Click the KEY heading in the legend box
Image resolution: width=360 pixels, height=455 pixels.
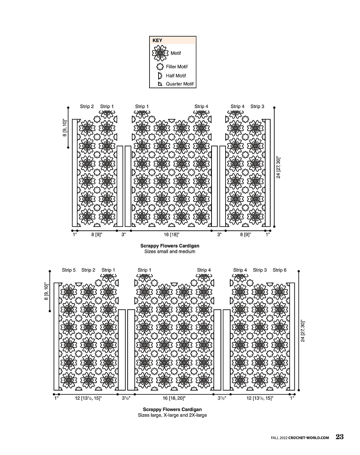coord(157,40)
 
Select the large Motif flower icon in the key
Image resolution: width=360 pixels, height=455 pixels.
coord(160,53)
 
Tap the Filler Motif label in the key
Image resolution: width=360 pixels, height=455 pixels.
coord(177,67)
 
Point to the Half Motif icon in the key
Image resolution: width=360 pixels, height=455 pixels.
coord(160,76)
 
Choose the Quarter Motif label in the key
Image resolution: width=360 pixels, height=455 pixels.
coord(179,84)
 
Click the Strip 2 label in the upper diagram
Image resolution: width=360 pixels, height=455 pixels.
coord(87,106)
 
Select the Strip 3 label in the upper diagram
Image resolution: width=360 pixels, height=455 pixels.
coord(257,106)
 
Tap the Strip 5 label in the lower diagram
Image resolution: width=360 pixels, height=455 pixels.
coord(69,270)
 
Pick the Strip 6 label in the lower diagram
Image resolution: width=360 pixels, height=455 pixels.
coord(280,270)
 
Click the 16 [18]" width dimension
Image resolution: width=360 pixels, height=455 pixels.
coord(172,235)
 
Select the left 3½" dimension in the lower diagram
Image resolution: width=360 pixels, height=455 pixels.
coord(126,398)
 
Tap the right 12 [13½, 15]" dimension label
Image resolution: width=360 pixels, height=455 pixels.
coord(260,398)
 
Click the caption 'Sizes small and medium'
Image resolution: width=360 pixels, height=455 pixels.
coord(170,251)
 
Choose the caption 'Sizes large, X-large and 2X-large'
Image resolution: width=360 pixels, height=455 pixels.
coord(172,415)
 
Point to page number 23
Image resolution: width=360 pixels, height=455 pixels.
coord(339,437)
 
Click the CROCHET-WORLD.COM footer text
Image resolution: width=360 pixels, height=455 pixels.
coord(308,438)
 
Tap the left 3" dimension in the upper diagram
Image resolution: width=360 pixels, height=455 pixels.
coord(123,235)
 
